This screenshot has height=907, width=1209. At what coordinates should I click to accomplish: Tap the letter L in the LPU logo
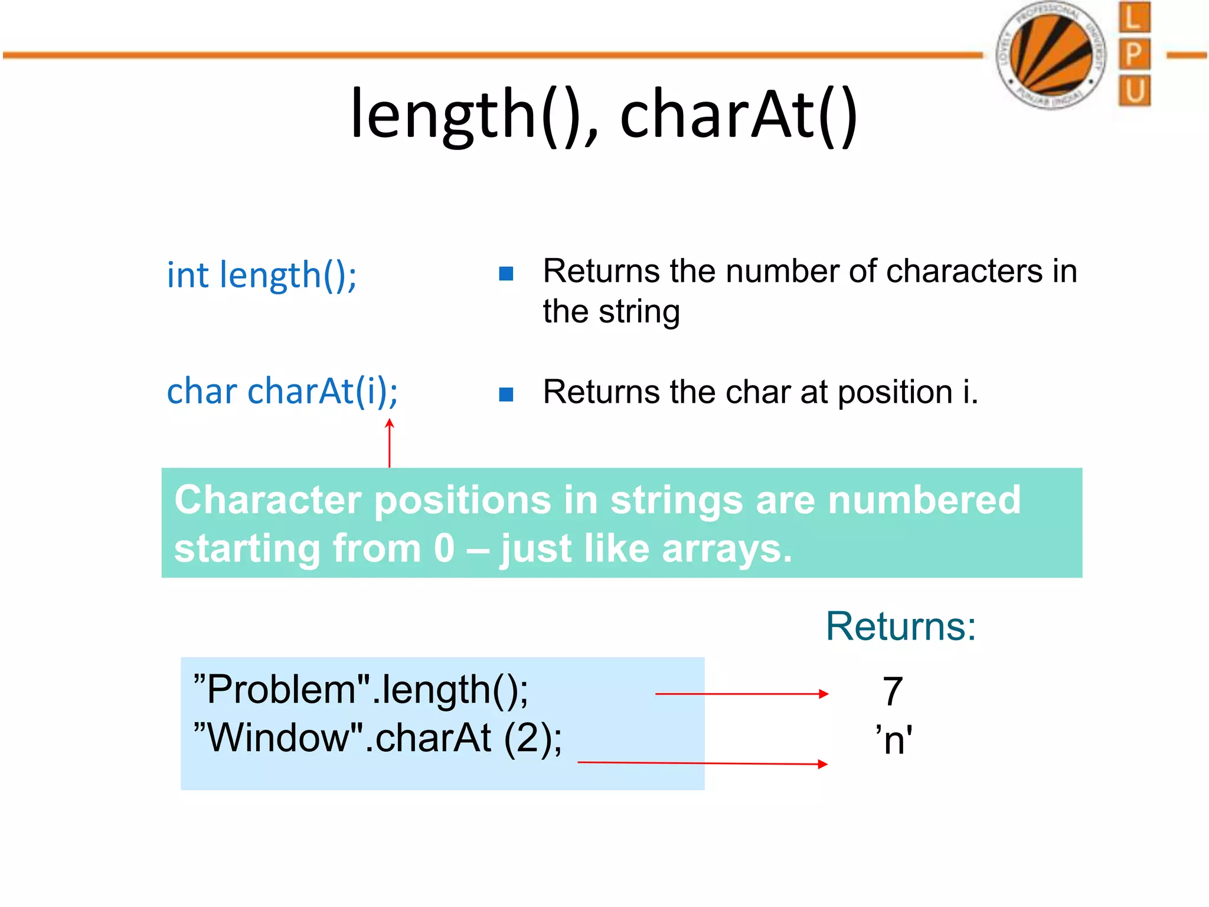(1134, 18)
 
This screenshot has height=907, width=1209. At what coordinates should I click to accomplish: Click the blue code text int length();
(262, 275)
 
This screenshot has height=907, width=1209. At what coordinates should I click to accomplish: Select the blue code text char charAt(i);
(282, 391)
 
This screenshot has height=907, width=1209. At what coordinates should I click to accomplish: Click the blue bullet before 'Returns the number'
(506, 273)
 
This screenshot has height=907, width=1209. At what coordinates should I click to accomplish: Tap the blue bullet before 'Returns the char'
(506, 394)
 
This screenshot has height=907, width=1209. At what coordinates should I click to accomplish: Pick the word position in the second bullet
(895, 393)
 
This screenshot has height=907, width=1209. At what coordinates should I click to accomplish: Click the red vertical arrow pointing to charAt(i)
(390, 443)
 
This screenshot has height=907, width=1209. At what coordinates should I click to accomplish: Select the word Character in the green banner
(267, 500)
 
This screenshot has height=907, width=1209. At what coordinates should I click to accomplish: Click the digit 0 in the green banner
(444, 549)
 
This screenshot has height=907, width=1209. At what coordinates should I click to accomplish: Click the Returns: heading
(900, 627)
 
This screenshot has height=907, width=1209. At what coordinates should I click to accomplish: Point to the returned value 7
(892, 691)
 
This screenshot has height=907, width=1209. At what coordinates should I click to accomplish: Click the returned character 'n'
(894, 740)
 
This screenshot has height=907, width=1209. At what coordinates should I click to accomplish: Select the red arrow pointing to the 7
(741, 694)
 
